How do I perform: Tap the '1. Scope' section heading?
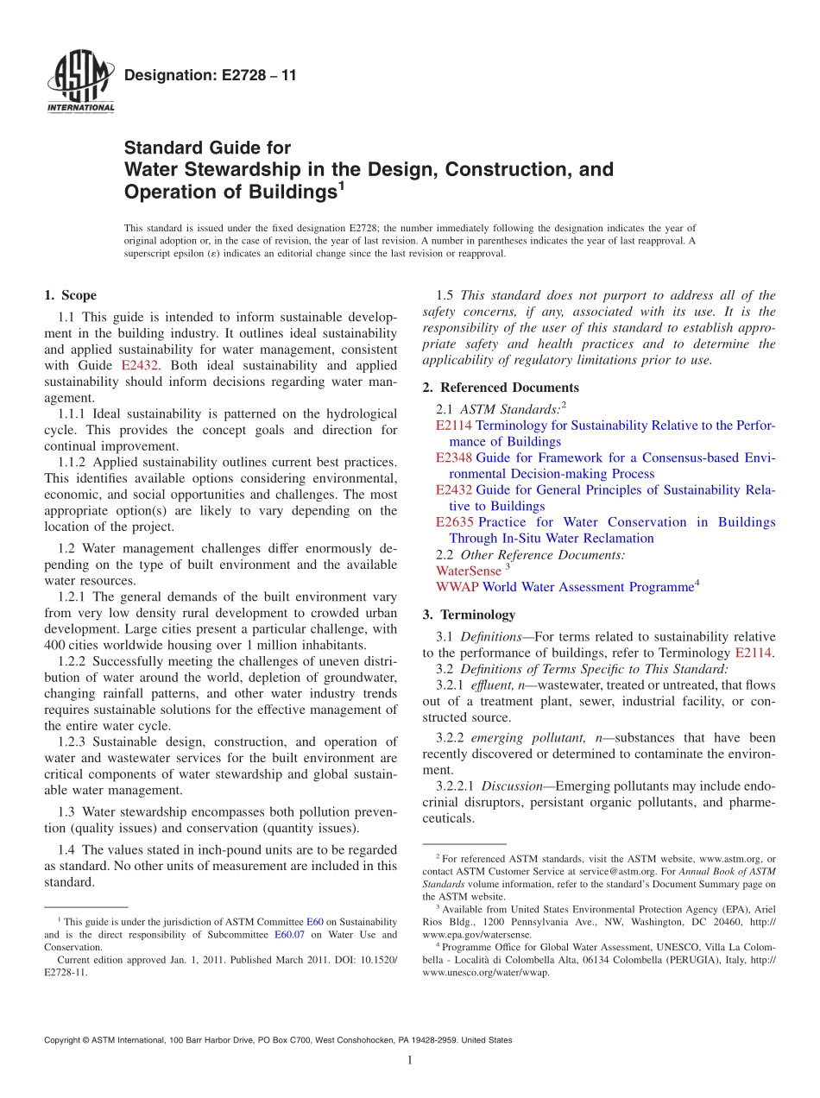pos(70,295)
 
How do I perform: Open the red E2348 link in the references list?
pos(454,457)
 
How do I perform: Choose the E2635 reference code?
pos(455,522)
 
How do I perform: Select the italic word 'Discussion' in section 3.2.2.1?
pos(512,786)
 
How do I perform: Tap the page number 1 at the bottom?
pos(409,1061)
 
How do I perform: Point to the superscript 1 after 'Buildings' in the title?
pos(341,186)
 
